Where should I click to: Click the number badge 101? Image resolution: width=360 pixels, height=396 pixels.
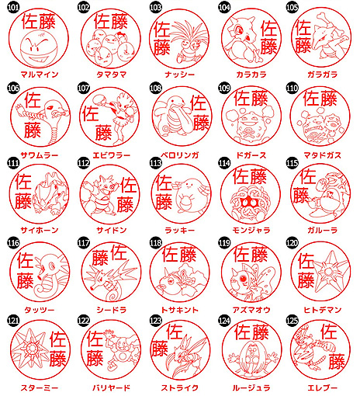13,7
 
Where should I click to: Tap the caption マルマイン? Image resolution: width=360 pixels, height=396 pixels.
40,75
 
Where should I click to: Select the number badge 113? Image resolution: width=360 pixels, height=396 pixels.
155,163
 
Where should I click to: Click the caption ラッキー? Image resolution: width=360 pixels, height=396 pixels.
179,230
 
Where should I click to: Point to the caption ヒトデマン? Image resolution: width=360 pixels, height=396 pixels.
322,310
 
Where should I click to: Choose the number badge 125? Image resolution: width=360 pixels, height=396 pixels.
292,321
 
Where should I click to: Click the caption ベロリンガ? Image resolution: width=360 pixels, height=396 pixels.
179,155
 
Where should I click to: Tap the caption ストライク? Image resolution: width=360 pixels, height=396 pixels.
179,387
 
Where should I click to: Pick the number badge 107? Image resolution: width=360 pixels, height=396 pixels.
84,89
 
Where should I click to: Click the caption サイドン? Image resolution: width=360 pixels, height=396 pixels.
112,230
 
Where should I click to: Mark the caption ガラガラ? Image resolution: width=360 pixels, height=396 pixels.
322,75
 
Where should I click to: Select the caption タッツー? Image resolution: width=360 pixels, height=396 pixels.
40,310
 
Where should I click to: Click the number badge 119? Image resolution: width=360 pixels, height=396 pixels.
224,243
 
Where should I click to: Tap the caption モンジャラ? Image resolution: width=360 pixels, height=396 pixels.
251,230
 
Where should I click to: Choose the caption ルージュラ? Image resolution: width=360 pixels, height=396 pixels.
251,387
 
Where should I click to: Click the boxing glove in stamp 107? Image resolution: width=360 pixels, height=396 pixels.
98,99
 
